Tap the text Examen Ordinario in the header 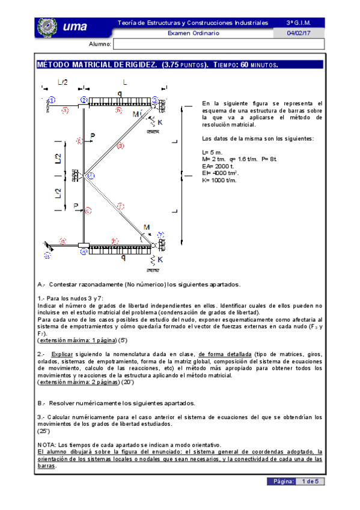tap(192, 33)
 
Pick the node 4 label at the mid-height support tap(91, 176)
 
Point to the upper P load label tap(92, 135)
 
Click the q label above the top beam tap(120, 93)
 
